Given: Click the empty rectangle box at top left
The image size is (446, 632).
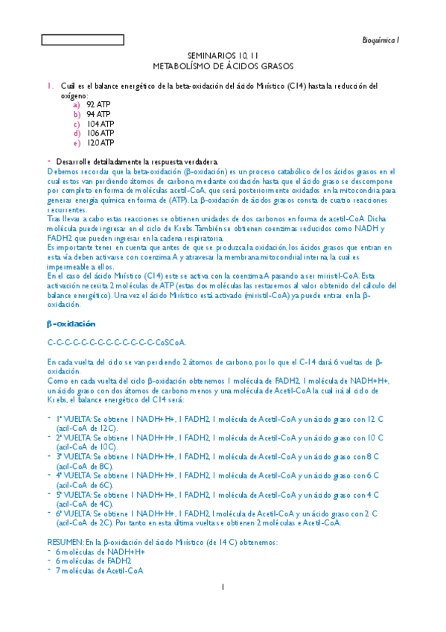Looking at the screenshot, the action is (72, 40).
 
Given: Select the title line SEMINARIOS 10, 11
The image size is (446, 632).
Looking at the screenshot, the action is (223, 56).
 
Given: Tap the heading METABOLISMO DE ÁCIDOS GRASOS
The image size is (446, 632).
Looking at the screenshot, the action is (223, 66).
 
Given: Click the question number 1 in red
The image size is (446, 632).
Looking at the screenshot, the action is (49, 86).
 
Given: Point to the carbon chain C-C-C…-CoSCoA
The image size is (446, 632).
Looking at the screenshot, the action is (116, 343).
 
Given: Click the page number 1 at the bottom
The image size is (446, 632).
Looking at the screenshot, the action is (223, 587).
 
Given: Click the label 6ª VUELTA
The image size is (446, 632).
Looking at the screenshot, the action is (74, 513).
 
